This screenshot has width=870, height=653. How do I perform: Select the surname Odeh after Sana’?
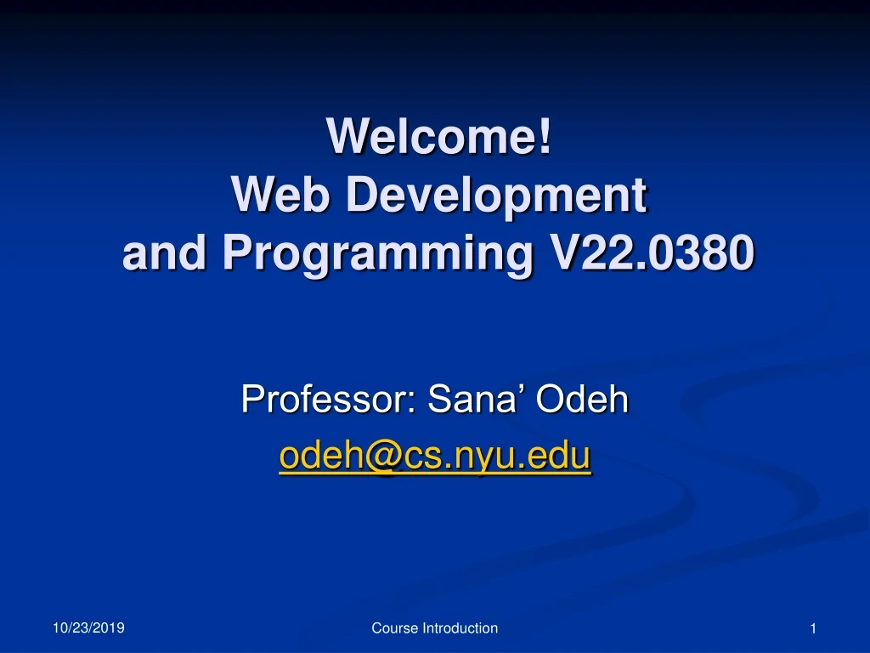click(x=581, y=398)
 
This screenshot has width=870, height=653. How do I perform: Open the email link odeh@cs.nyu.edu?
click(x=434, y=457)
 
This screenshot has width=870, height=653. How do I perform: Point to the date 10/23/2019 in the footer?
click(x=88, y=627)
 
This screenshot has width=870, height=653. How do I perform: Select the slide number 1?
click(x=813, y=628)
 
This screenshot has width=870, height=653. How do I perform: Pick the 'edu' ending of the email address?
click(x=564, y=457)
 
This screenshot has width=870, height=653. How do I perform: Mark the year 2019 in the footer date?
click(x=110, y=627)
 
